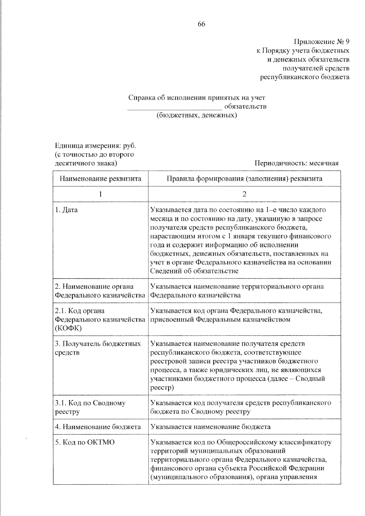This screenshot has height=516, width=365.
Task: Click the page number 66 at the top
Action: (x=201, y=24)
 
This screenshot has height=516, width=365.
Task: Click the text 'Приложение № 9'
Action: (x=321, y=41)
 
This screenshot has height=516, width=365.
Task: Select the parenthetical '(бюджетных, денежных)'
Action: (x=196, y=115)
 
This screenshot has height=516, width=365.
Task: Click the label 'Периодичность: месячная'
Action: (x=296, y=163)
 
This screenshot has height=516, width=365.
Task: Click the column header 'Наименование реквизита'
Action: (x=100, y=179)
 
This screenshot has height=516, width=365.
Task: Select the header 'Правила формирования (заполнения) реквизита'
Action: (x=244, y=179)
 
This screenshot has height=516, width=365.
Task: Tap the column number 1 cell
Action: (x=100, y=194)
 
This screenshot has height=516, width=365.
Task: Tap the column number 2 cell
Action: (x=244, y=194)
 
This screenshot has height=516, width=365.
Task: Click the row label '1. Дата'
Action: (x=66, y=210)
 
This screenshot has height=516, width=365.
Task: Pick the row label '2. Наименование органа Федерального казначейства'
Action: (x=100, y=291)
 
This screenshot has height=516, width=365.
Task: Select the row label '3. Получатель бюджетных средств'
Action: (x=98, y=348)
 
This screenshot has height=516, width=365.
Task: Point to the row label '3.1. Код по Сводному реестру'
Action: (x=90, y=407)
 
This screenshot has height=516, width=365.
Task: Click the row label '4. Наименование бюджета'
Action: (x=98, y=427)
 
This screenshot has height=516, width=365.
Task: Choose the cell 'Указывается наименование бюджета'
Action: (x=210, y=427)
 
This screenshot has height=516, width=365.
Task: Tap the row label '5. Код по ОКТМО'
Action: (x=85, y=442)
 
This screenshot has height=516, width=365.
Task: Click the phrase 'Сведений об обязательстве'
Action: (x=194, y=271)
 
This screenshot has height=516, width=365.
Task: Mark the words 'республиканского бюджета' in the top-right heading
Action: (x=305, y=77)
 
